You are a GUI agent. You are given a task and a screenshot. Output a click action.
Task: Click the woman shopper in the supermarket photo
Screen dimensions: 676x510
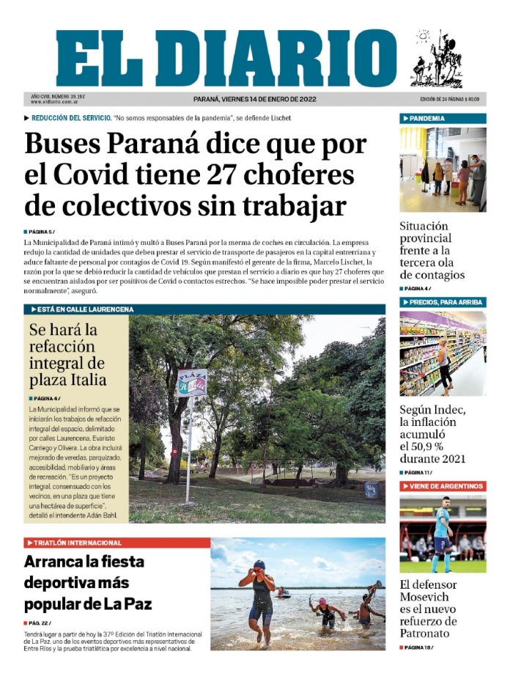443,365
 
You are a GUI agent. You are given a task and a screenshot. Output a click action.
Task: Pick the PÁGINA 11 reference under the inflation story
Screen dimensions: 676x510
416,473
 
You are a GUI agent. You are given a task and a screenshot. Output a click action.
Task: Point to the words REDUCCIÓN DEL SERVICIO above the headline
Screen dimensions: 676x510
72,117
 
